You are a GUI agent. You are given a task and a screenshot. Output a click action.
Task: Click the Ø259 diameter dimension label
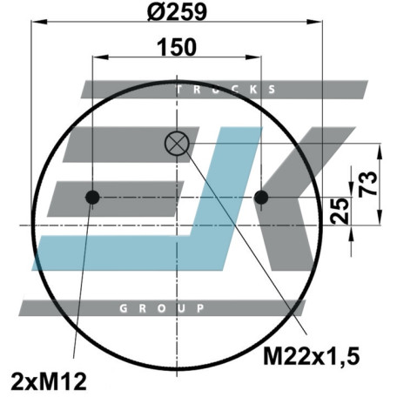click(x=177, y=12)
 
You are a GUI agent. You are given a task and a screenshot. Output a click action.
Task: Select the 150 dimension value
click(x=177, y=47)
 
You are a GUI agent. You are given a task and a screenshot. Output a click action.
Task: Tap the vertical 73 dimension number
click(x=367, y=184)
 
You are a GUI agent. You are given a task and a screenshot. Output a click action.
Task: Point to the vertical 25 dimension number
click(x=340, y=211)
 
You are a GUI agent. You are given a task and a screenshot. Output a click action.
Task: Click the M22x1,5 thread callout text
click(x=312, y=356)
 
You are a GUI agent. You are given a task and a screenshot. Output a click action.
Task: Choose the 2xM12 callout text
click(x=49, y=381)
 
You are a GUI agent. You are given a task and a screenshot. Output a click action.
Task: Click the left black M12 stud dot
click(x=92, y=198)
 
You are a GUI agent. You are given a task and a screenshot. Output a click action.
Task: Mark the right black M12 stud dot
click(x=261, y=198)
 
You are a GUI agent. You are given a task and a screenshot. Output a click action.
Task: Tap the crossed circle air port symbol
click(x=177, y=144)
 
